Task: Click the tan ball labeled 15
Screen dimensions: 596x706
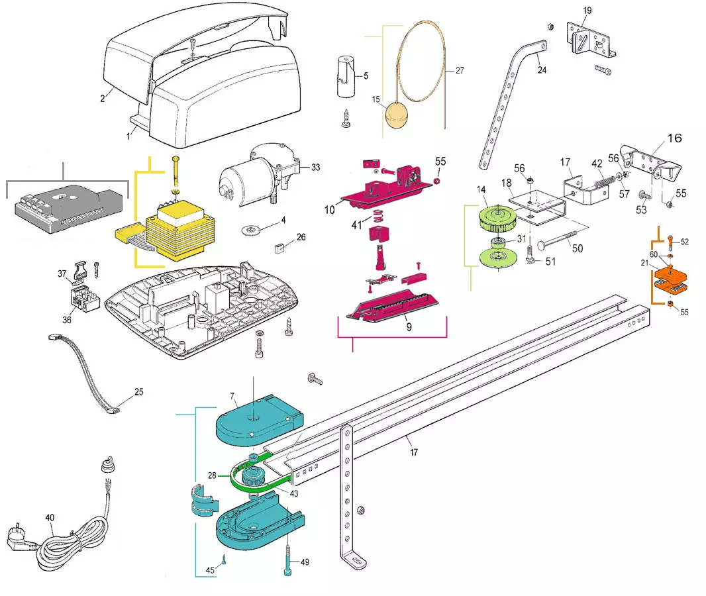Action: [397, 119]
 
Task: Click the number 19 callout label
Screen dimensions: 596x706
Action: [587, 11]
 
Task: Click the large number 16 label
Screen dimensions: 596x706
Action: [673, 138]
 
